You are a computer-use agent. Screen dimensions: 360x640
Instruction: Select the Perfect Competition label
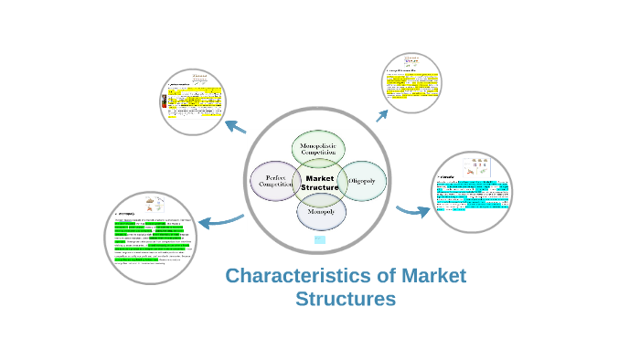point(276,181)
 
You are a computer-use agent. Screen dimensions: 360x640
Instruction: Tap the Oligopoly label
point(365,181)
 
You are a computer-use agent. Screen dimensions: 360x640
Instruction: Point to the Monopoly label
point(320,212)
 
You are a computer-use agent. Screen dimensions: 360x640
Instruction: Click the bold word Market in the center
point(320,176)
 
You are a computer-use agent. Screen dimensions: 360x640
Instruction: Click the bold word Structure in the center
point(320,187)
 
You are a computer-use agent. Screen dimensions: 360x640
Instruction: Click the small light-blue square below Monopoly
point(320,239)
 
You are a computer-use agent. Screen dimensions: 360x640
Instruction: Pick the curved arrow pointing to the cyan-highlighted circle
point(412,211)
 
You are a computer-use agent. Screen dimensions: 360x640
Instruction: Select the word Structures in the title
point(346,299)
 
